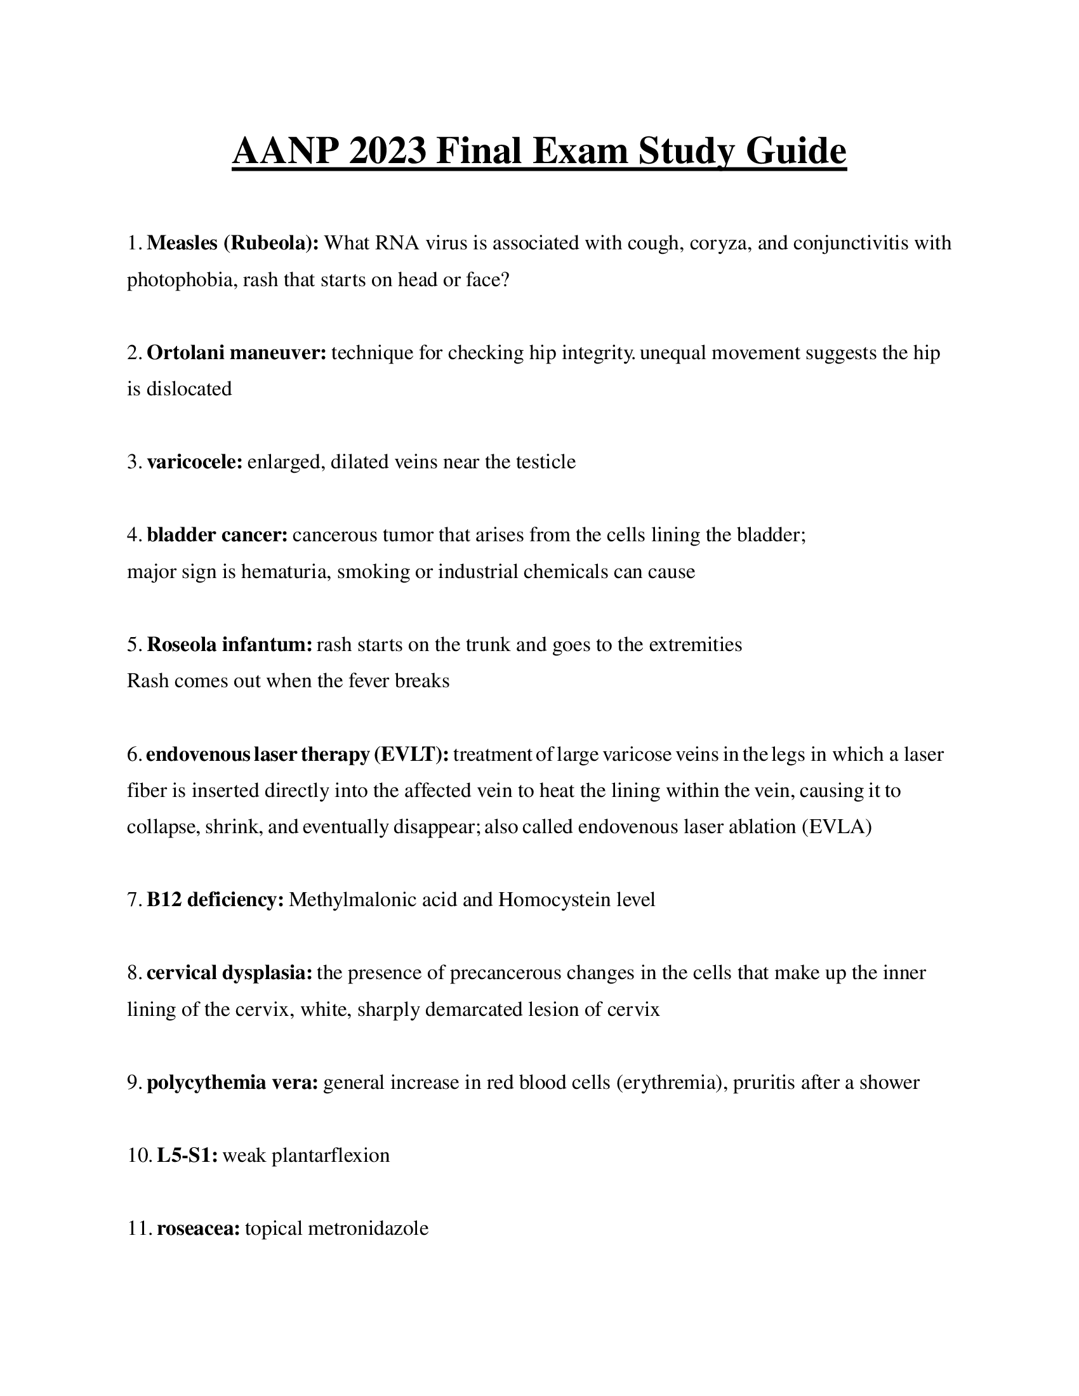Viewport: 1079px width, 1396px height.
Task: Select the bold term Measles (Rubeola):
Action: click(x=233, y=243)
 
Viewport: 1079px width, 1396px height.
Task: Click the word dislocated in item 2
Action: click(x=189, y=388)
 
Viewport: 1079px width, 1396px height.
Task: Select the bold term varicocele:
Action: click(x=194, y=461)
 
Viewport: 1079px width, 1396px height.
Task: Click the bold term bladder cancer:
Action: click(x=217, y=534)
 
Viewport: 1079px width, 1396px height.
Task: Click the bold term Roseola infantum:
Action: click(x=230, y=644)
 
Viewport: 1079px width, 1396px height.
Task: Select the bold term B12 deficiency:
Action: click(x=215, y=900)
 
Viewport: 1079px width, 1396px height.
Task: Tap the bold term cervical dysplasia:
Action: click(x=230, y=973)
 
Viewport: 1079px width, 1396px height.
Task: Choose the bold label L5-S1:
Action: click(x=187, y=1155)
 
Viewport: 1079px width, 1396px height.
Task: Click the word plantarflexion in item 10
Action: click(x=331, y=1155)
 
